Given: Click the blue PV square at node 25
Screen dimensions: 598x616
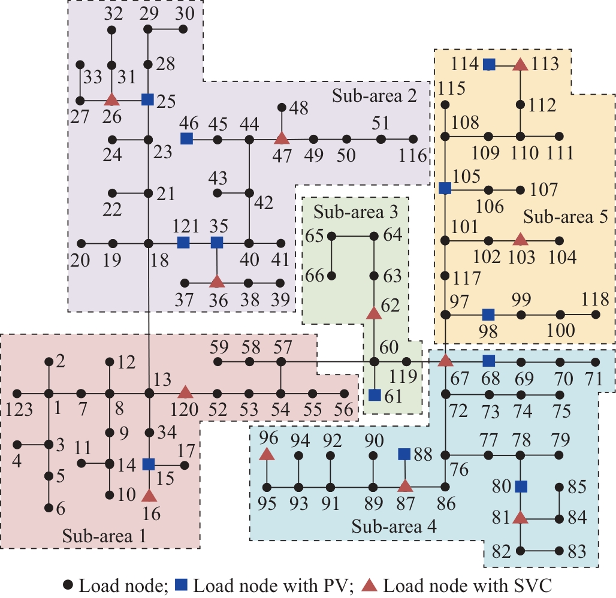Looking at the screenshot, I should (x=148, y=99).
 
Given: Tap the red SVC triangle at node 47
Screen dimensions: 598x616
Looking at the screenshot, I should (x=281, y=139).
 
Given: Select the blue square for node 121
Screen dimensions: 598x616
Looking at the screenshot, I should (x=184, y=243).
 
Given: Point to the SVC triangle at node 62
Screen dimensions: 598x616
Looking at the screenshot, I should (x=374, y=313).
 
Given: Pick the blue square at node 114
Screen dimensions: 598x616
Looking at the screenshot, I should (x=490, y=64).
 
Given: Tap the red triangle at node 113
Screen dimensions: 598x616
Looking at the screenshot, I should (x=521, y=64).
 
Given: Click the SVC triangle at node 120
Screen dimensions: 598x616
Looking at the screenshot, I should (x=185, y=393).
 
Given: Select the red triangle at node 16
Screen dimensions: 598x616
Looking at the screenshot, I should (x=149, y=496).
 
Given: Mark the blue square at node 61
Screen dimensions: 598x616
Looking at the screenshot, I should (x=375, y=395).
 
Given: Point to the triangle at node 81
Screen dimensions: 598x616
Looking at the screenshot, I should (x=521, y=517).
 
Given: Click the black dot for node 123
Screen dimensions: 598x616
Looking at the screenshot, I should (x=17, y=394).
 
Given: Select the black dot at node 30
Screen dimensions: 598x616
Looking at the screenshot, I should (x=183, y=29).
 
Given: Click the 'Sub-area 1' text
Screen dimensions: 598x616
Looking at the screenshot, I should (x=104, y=535).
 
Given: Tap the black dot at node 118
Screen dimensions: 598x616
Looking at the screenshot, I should (x=595, y=315).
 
